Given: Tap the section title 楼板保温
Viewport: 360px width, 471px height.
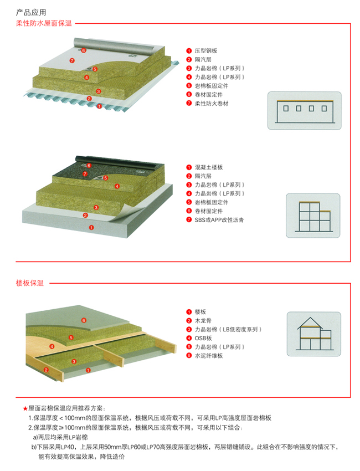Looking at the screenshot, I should (30, 284).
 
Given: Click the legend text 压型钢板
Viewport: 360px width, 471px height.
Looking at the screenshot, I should (207, 51).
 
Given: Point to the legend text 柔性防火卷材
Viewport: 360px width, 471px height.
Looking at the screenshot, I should (212, 104).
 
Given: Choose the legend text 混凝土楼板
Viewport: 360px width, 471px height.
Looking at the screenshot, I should (209, 167).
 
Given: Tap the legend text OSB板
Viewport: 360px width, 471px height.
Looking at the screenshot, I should (203, 339).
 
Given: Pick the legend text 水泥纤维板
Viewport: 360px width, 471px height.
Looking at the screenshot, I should (209, 356).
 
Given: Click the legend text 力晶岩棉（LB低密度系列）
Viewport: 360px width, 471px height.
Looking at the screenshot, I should (228, 330).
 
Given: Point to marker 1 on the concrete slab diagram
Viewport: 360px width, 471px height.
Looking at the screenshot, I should (91, 227).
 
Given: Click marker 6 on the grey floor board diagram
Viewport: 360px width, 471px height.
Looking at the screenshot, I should (84, 320).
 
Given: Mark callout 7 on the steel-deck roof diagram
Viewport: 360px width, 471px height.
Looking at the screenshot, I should (71, 59).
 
